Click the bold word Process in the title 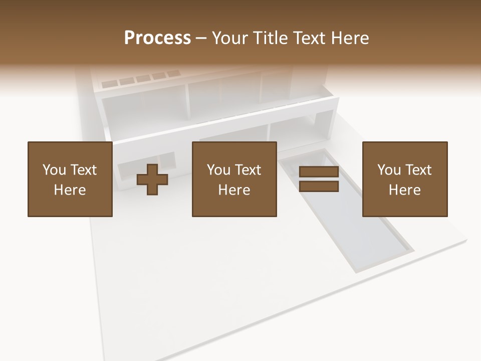[x=157, y=38]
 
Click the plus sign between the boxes [x=152, y=179]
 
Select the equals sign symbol [x=319, y=179]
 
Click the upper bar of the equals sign [x=319, y=172]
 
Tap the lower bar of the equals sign [x=319, y=186]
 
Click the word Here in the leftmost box [x=70, y=190]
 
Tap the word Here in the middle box [x=234, y=190]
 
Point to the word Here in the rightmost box [x=405, y=190]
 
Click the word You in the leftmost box [x=54, y=170]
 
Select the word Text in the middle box [x=248, y=170]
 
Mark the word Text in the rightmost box [x=418, y=170]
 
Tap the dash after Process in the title [x=201, y=39]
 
